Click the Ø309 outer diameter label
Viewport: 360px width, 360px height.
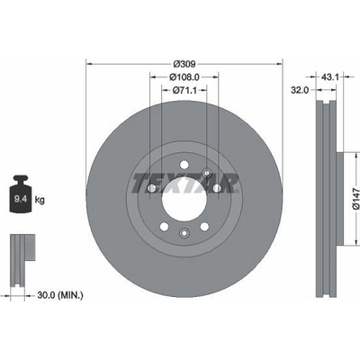[184, 64]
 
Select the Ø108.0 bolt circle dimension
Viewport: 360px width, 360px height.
[184, 77]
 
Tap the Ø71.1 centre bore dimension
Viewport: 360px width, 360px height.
[184, 90]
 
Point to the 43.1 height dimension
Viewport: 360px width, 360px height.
[330, 77]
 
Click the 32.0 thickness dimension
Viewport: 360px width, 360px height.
[300, 90]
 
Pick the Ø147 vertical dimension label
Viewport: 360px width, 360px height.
[355, 198]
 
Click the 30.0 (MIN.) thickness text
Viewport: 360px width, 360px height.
[60, 295]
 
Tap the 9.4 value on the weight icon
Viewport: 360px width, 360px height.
[21, 199]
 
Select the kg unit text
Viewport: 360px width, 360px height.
[40, 200]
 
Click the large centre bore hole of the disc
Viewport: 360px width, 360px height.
[184, 200]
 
